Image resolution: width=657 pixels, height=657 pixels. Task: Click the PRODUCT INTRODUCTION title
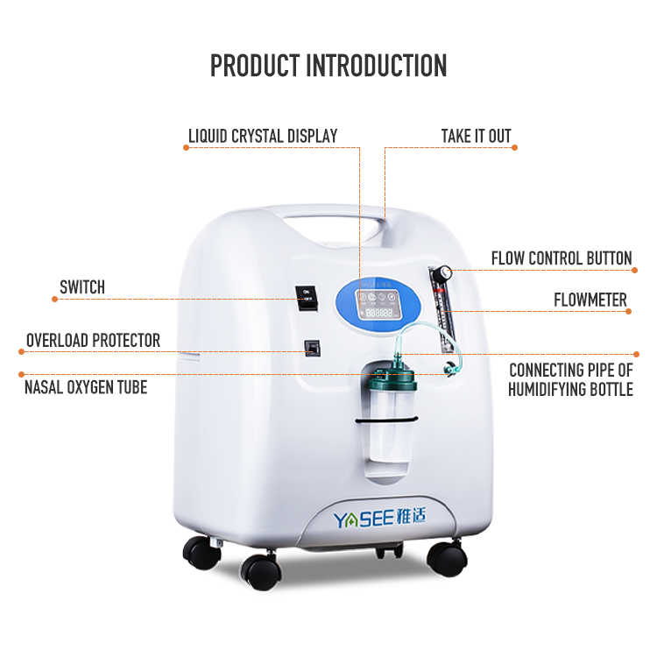pyautogui.click(x=328, y=66)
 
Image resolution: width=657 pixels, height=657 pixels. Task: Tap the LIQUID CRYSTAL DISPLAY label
pyautogui.click(x=263, y=136)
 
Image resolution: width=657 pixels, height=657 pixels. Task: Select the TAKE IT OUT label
pyautogui.click(x=476, y=136)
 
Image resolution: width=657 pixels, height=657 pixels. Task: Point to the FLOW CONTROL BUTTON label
pyautogui.click(x=562, y=258)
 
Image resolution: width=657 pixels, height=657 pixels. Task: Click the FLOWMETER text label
pyautogui.click(x=590, y=300)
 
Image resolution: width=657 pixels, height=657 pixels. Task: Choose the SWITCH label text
pyautogui.click(x=82, y=287)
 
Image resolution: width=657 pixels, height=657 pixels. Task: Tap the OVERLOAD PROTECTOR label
pyautogui.click(x=93, y=340)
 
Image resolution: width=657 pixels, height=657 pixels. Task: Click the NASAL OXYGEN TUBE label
pyautogui.click(x=86, y=386)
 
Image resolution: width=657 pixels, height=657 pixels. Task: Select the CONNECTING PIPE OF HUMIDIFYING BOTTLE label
pyautogui.click(x=570, y=380)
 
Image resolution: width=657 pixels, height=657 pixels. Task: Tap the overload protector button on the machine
pyautogui.click(x=310, y=348)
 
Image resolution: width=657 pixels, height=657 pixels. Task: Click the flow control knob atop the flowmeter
pyautogui.click(x=443, y=272)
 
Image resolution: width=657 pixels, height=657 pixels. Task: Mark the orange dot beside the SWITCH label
pyautogui.click(x=55, y=300)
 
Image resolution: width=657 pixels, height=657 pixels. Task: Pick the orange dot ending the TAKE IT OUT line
pyautogui.click(x=514, y=147)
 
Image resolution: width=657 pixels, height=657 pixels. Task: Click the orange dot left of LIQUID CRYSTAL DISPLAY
pyautogui.click(x=186, y=147)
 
